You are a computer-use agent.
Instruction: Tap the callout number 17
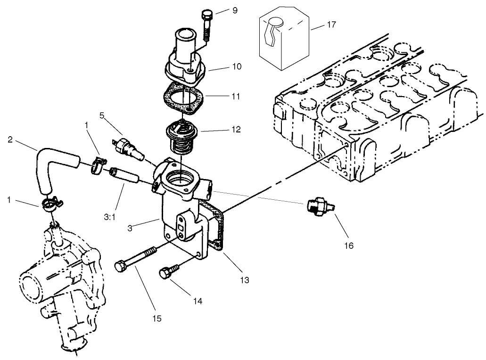tap(331, 25)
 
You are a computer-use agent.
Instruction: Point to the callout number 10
tap(236, 66)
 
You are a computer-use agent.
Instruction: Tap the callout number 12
tap(236, 129)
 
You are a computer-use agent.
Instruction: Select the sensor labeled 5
tap(127, 147)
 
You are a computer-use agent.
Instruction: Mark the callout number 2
tap(10, 139)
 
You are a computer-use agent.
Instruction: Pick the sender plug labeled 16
tap(315, 207)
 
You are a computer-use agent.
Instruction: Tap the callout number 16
tap(348, 245)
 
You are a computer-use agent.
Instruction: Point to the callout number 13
tap(244, 280)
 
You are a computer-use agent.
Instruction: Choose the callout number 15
tap(157, 318)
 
